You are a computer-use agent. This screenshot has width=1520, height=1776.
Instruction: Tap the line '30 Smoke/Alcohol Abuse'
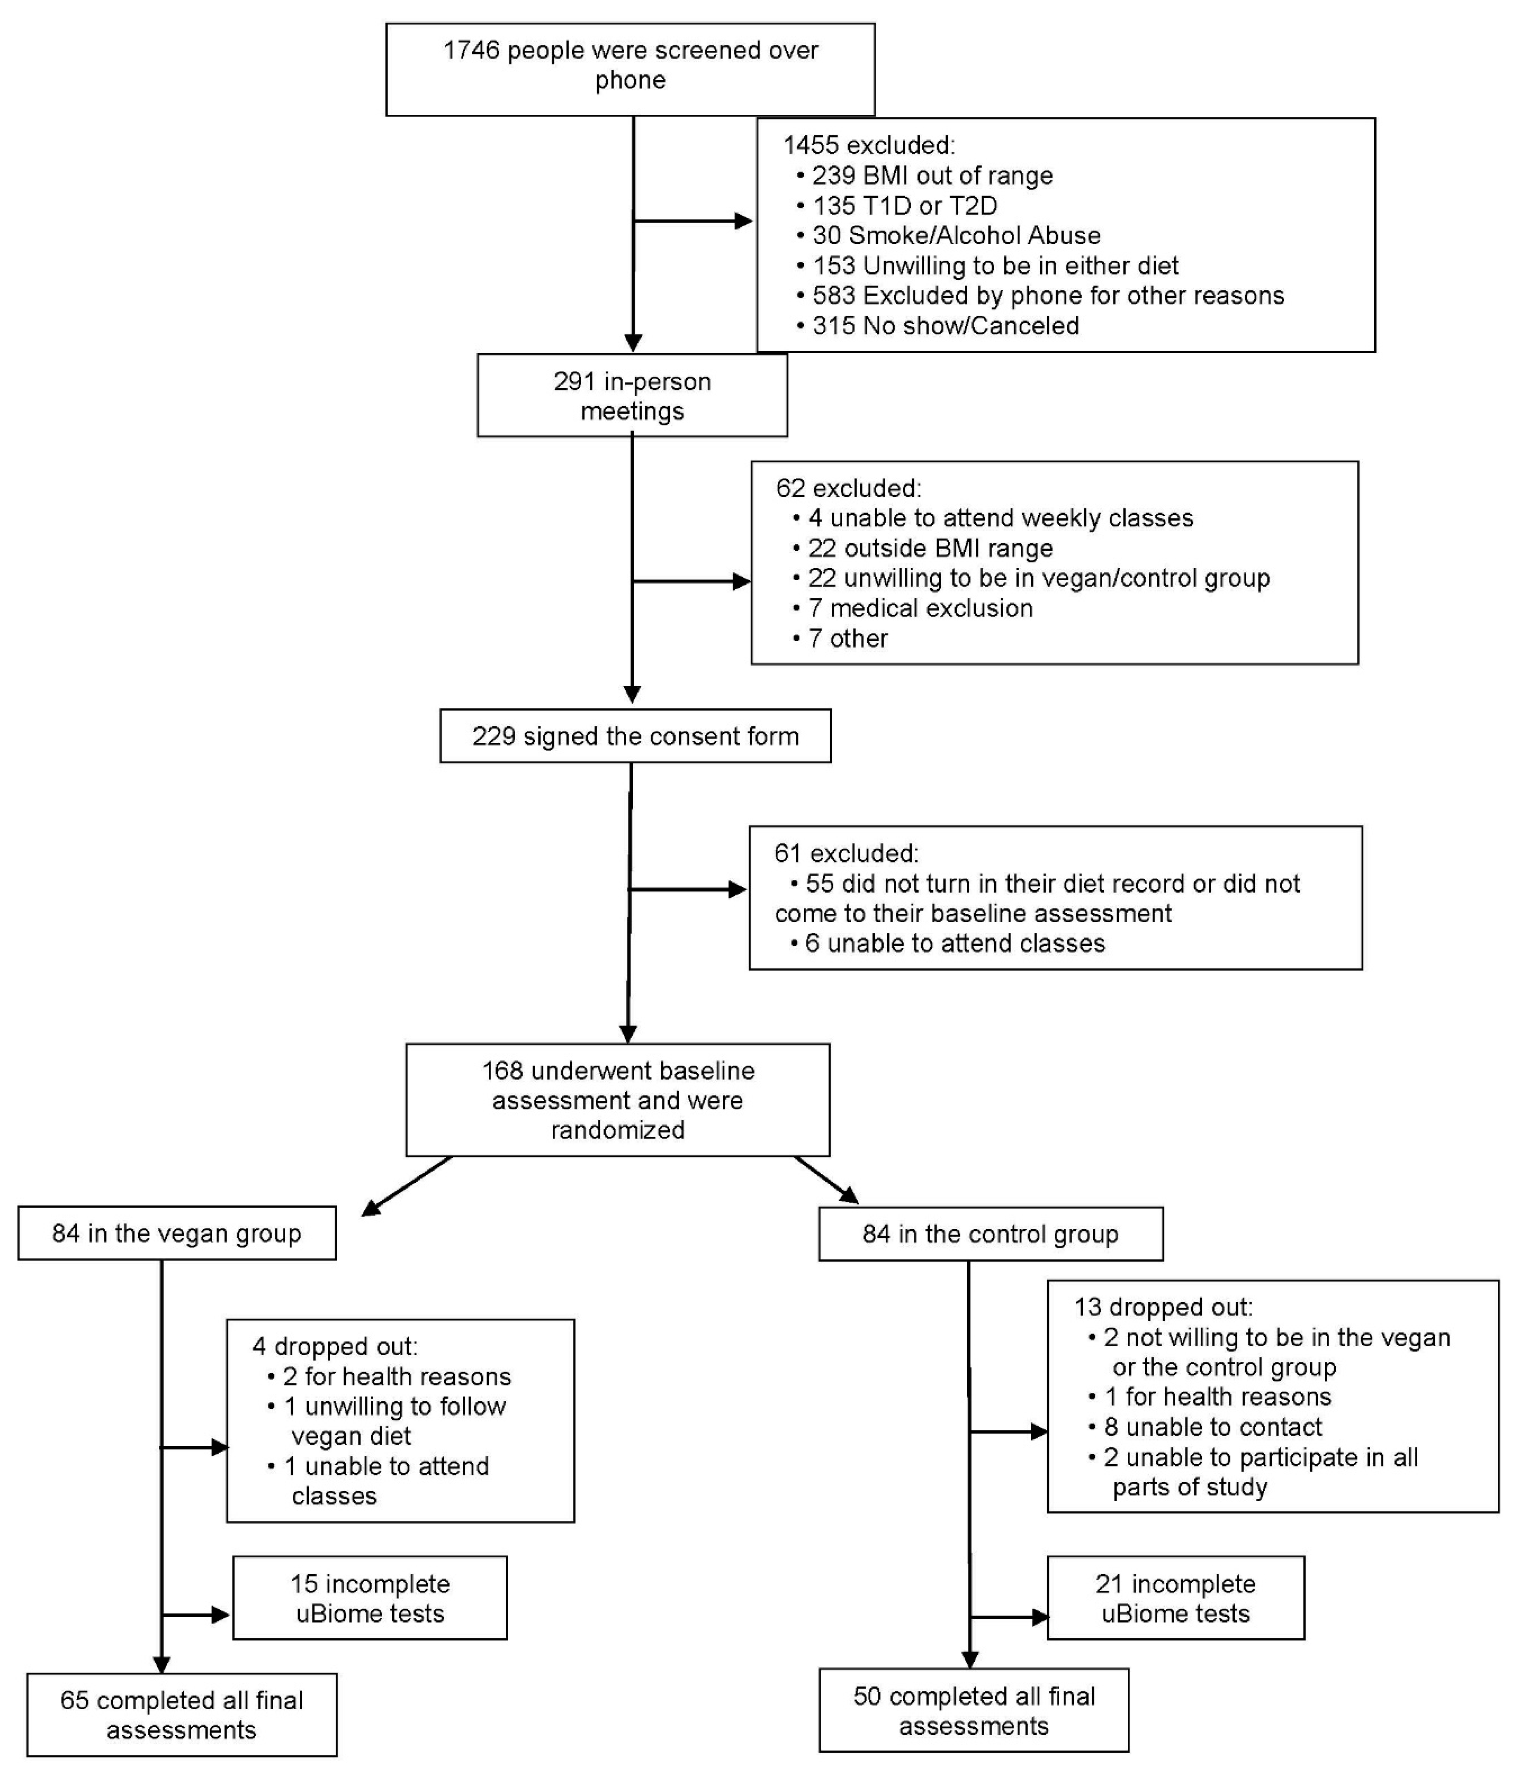[x=956, y=236]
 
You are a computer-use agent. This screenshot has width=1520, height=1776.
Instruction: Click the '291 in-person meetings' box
[x=632, y=396]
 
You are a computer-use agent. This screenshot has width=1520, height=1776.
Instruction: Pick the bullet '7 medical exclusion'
[x=920, y=609]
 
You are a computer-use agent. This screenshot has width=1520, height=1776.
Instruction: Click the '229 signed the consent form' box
[x=635, y=736]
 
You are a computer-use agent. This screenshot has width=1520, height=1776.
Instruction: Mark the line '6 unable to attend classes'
[x=954, y=944]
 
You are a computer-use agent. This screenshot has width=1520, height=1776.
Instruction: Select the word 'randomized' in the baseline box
[x=617, y=1131]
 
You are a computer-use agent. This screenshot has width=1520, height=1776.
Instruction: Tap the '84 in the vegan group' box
[x=177, y=1233]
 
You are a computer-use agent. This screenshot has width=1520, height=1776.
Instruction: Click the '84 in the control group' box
[x=990, y=1234]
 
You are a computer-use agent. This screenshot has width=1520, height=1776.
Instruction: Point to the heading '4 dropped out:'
[x=334, y=1346]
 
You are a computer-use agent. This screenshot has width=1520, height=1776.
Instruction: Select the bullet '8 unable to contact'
[x=1212, y=1427]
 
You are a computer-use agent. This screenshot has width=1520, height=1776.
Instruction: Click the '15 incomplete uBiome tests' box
[x=369, y=1599]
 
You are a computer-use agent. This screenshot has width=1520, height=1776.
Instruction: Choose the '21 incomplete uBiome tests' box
[x=1175, y=1599]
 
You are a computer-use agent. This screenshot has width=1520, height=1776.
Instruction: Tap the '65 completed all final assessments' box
[x=182, y=1715]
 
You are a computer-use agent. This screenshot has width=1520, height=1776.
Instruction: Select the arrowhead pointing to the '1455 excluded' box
[x=743, y=221]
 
